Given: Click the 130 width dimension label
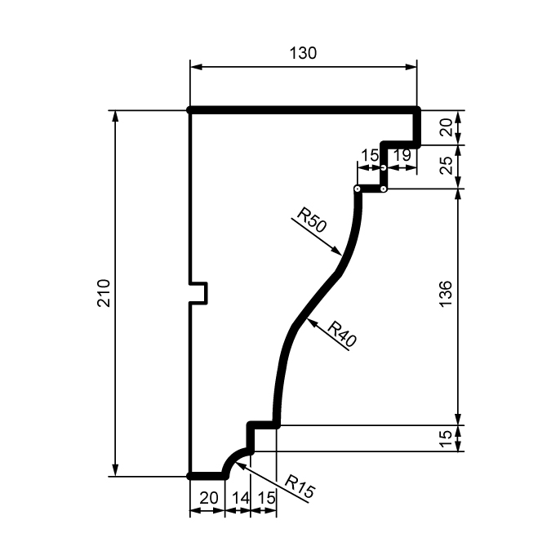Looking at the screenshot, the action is [x=303, y=53].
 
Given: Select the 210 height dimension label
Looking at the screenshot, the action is [x=104, y=293].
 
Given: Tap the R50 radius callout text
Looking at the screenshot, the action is [x=312, y=220].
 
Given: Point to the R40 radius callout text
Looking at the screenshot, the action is [x=342, y=334].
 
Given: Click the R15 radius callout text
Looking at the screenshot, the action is [x=300, y=486].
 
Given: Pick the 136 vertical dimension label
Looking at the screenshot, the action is [x=446, y=294].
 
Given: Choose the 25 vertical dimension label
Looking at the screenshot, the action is [x=447, y=165].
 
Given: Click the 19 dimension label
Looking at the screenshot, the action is [x=402, y=155].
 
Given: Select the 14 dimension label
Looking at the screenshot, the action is [x=241, y=498].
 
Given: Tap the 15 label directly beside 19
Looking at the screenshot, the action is [x=370, y=155].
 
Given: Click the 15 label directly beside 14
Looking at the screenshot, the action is [x=266, y=498].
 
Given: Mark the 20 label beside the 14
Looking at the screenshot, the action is [x=209, y=498].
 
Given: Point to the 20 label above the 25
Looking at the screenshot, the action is [x=447, y=127].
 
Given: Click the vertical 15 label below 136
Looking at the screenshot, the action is [x=446, y=439].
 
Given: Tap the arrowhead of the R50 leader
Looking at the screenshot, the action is [x=337, y=251].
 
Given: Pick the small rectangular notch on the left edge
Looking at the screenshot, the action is [x=198, y=293].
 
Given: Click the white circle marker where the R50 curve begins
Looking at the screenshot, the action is [x=357, y=189].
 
